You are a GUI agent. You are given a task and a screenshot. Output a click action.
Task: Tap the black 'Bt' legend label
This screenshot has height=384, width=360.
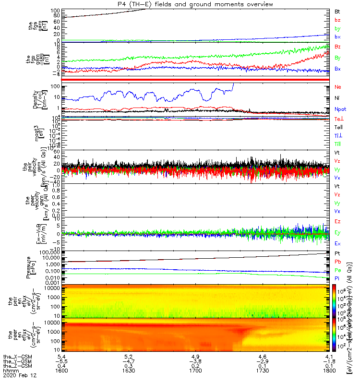tap(337, 11)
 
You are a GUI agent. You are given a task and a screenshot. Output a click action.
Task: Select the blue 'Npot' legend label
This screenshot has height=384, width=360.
tap(340, 109)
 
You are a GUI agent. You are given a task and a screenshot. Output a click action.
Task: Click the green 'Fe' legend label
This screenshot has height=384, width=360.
tap(337, 270)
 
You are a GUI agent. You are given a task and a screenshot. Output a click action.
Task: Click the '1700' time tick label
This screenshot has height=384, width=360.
tap(195, 371)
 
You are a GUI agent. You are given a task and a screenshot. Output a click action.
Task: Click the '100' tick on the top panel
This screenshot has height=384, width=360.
tap(54, 10)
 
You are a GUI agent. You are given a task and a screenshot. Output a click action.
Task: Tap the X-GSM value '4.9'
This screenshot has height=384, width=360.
tap(195, 357)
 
